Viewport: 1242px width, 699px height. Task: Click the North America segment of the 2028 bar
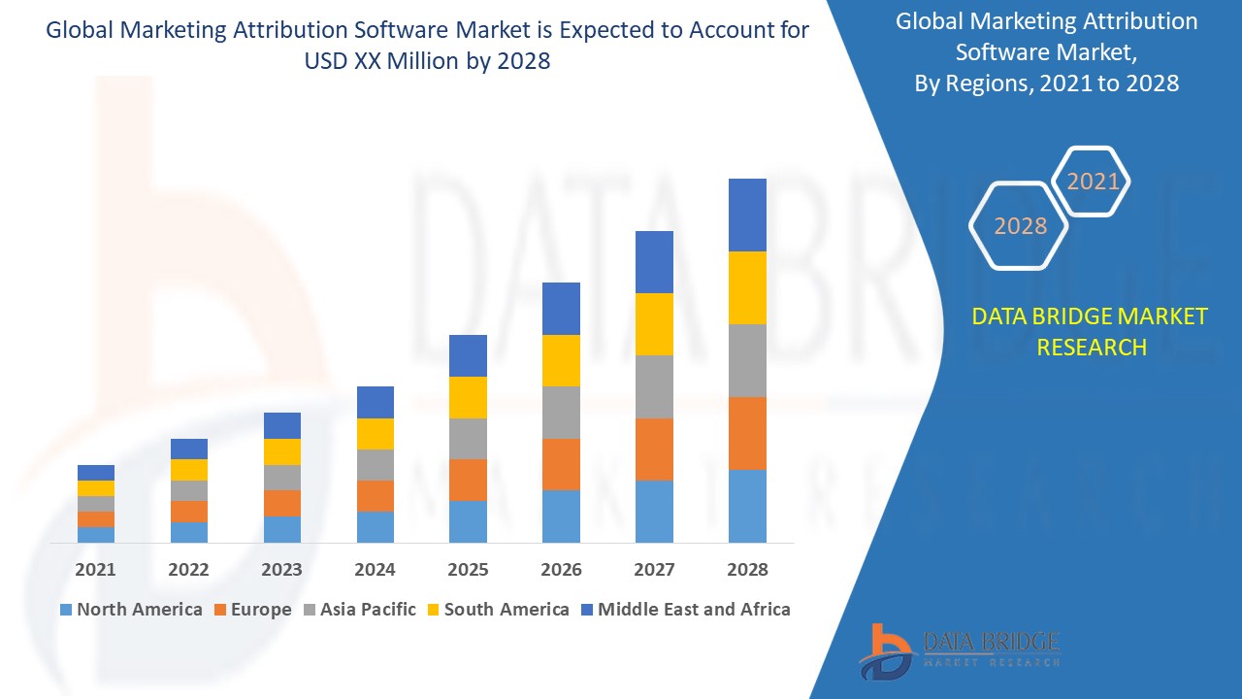747,506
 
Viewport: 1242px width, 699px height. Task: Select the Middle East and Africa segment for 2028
747,215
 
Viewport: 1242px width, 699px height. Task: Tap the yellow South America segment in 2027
654,324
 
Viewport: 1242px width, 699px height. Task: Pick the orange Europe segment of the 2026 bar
561,464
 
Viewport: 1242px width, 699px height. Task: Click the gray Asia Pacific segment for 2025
468,439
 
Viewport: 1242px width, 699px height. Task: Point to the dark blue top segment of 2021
96,473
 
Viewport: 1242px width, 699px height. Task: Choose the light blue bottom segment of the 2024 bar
376,526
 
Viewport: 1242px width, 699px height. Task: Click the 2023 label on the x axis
281,570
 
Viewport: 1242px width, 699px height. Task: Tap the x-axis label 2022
188,570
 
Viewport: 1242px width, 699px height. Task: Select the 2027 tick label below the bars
654,570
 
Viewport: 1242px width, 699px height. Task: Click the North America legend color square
66,610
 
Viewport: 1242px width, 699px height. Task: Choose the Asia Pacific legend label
368,610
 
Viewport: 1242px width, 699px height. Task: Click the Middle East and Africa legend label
694,610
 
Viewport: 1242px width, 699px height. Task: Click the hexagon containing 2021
1093,182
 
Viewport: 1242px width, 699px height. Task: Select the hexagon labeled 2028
1020,226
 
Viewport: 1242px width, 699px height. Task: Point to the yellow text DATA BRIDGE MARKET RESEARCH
1090,331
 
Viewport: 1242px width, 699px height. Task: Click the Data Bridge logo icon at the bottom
885,651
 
